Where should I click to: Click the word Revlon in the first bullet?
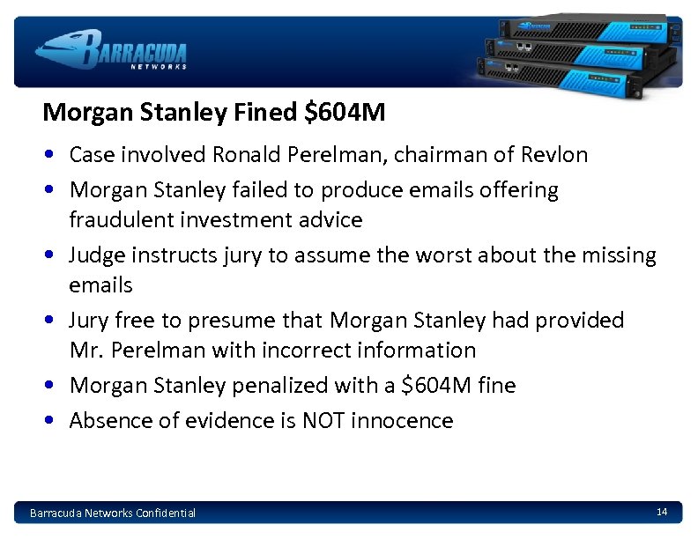(553, 155)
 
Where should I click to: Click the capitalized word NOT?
(323, 420)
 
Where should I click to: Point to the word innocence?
(402, 420)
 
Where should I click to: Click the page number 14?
(662, 512)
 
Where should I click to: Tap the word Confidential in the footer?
(166, 513)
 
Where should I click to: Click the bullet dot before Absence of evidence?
(53, 421)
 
